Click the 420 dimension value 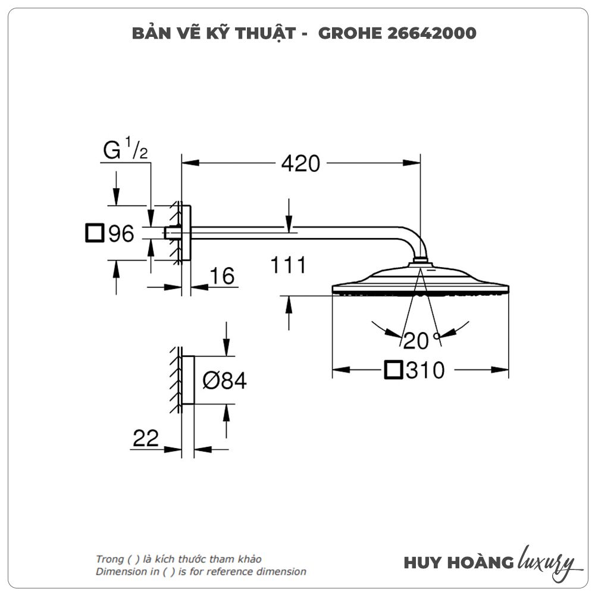pyautogui.click(x=300, y=163)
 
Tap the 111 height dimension pyautogui.click(x=288, y=265)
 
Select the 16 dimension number pyautogui.click(x=222, y=276)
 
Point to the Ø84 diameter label pyautogui.click(x=224, y=380)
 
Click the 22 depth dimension pyautogui.click(x=146, y=439)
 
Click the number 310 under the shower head pyautogui.click(x=425, y=371)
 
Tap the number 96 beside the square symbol pyautogui.click(x=121, y=234)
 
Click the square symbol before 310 pyautogui.click(x=393, y=370)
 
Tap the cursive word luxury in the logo pyautogui.click(x=546, y=561)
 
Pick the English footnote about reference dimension pyautogui.click(x=201, y=572)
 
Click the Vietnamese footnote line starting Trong pyautogui.click(x=178, y=559)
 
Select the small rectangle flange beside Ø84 pyautogui.click(x=188, y=380)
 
